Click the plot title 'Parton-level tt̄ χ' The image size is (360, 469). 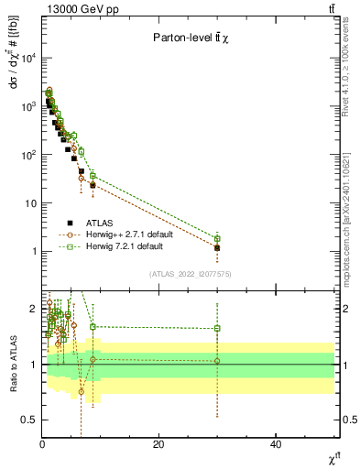pyautogui.click(x=190, y=38)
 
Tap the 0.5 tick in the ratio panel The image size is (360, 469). pyautogui.click(x=29, y=420)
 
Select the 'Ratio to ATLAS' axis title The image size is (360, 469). pyautogui.click(x=11, y=364)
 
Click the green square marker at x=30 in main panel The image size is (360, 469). pyautogui.click(x=217, y=238)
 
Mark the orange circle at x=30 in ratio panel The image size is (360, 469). pyautogui.click(x=217, y=361)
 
